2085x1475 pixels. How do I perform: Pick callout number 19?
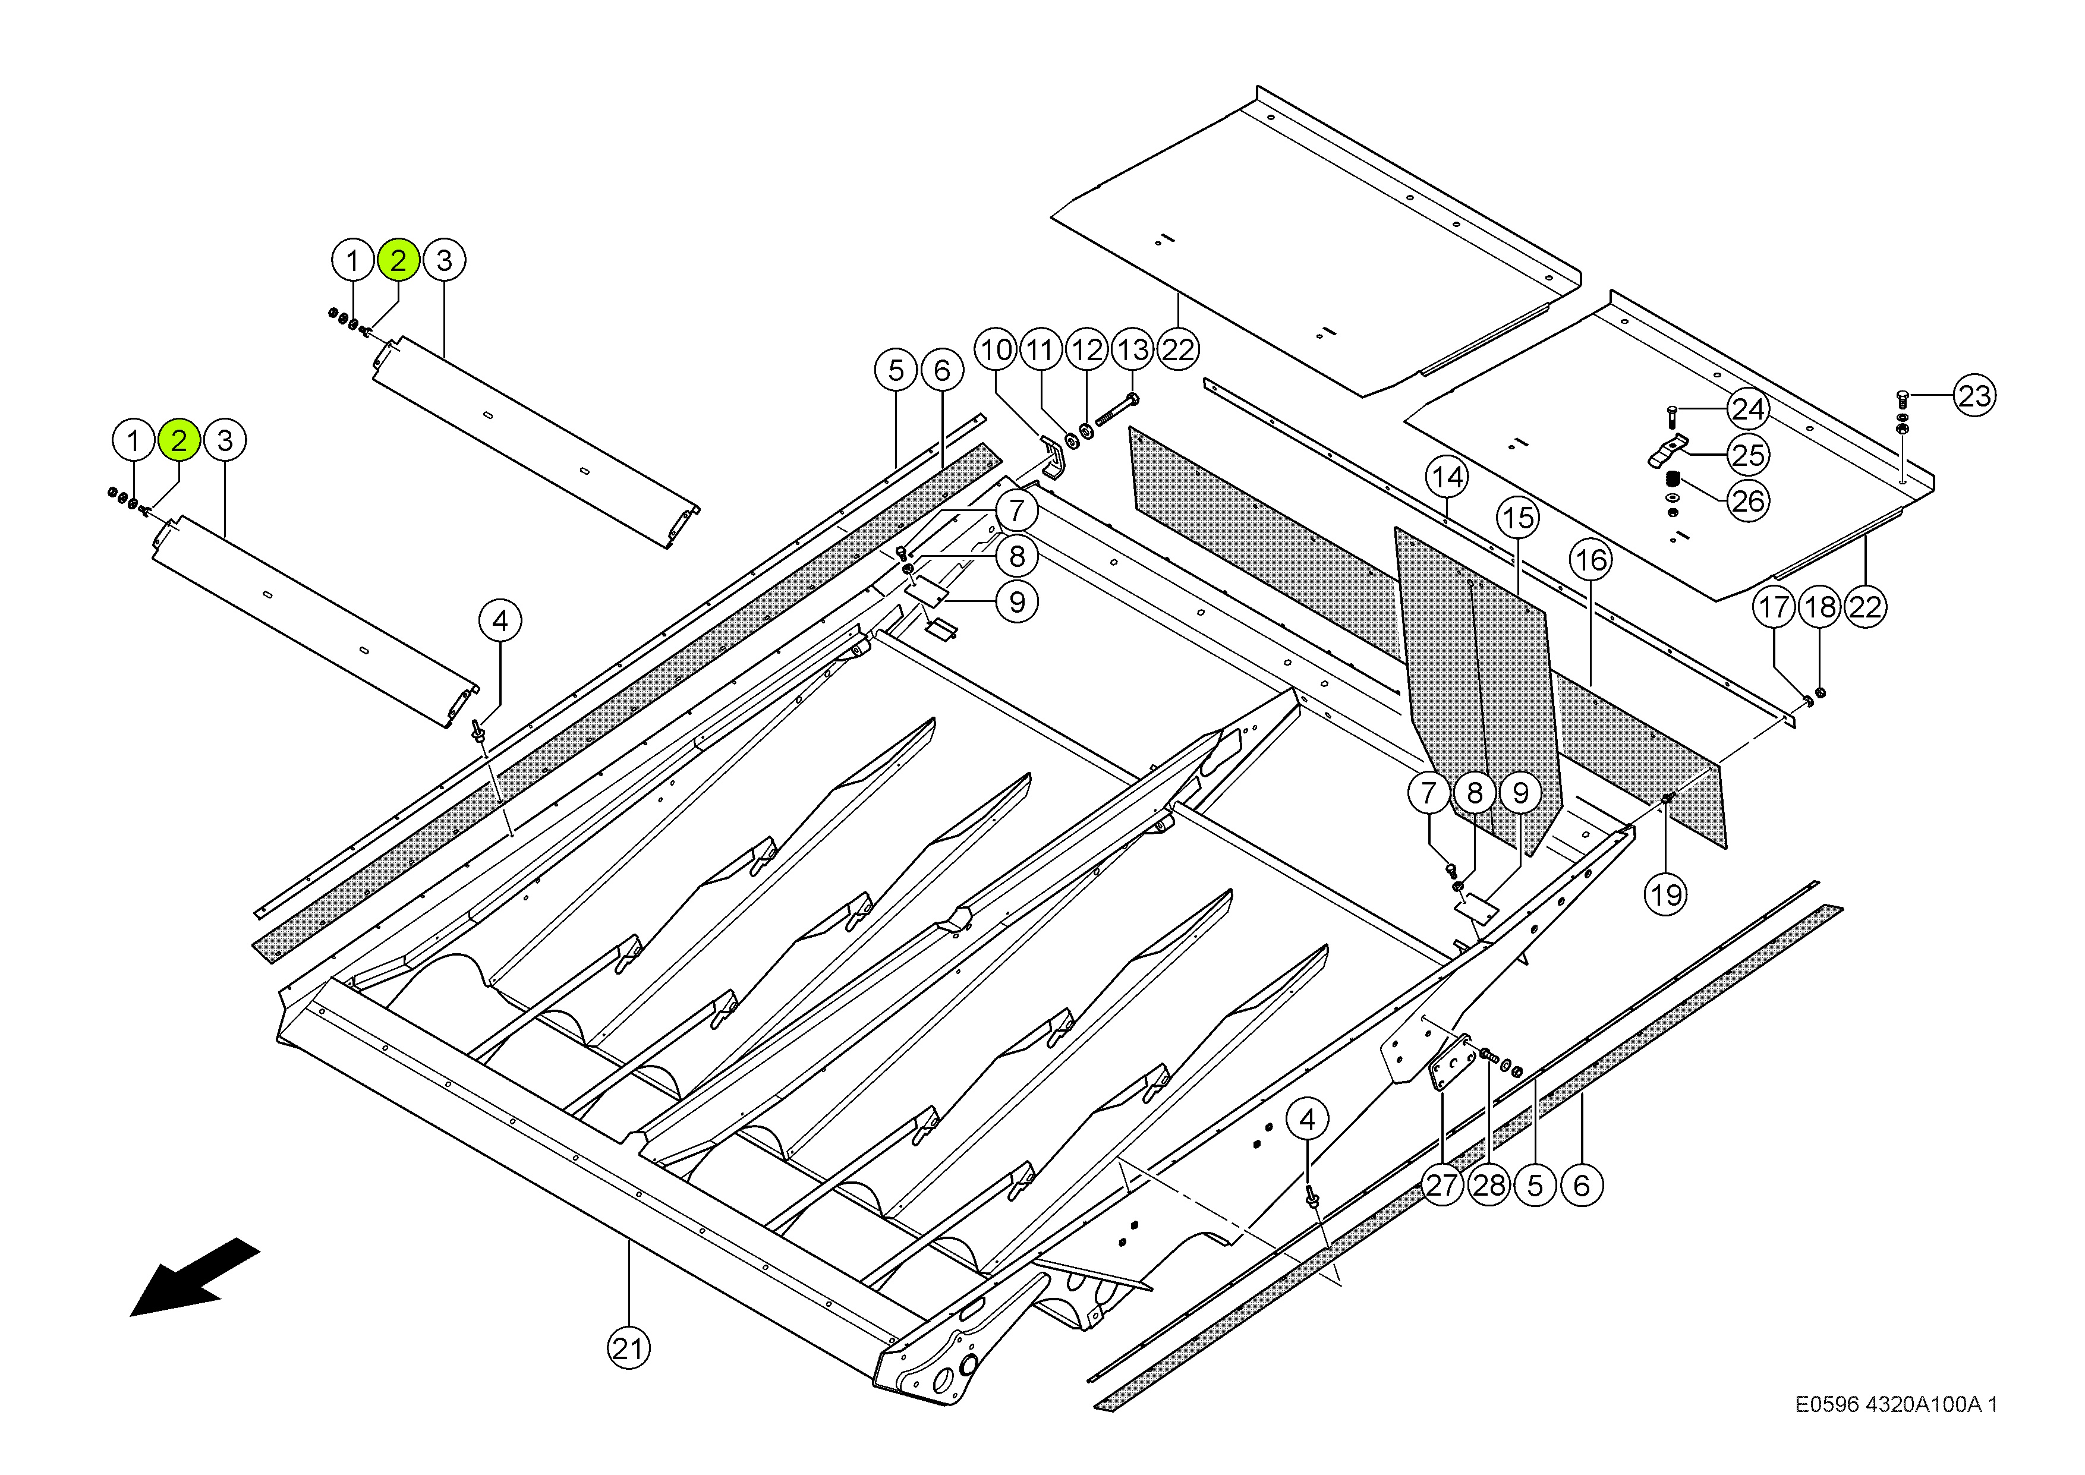tap(1665, 894)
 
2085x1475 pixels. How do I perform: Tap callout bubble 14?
tap(1447, 477)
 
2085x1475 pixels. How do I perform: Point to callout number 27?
tap(1442, 1185)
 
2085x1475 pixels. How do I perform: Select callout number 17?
tap(1774, 607)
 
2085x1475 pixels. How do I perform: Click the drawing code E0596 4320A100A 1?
tap(1896, 1404)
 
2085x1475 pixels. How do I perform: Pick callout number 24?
tap(1748, 409)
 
